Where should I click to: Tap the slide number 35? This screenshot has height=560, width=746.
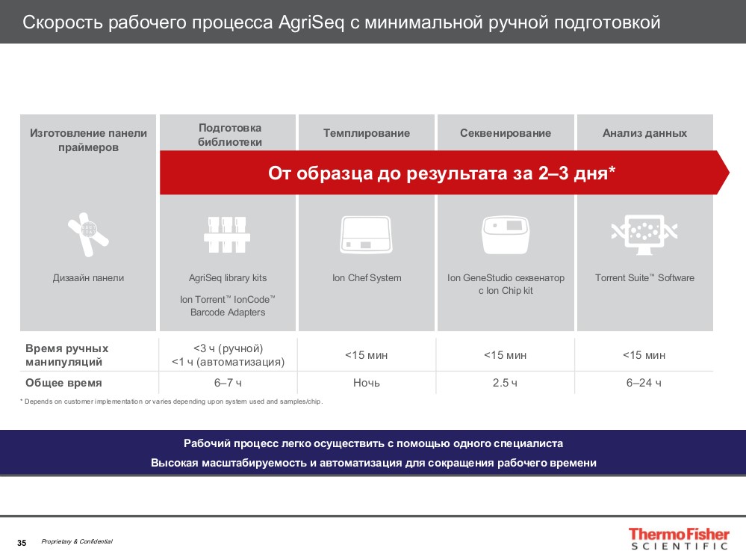22,543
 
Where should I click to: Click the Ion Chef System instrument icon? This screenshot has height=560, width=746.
367,234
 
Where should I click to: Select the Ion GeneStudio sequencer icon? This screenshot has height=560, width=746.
506,234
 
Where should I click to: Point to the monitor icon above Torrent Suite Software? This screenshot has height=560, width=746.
644,233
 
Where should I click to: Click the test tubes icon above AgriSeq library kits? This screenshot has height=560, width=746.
228,234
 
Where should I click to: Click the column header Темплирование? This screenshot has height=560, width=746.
367,133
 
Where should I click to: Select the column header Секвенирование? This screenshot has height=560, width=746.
506,133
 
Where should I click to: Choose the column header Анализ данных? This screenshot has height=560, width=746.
644,133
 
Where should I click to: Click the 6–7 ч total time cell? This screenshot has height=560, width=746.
228,383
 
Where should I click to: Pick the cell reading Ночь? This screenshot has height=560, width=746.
367,383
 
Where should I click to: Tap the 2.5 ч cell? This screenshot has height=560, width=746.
506,383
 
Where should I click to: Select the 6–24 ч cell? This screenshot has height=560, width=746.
644,383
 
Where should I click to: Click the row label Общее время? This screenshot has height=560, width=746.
63,383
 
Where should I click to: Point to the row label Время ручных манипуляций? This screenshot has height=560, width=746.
66,355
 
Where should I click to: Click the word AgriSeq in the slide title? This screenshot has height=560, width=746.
311,22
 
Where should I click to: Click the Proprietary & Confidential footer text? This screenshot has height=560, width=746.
77,541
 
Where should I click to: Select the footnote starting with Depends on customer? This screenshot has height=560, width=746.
172,401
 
